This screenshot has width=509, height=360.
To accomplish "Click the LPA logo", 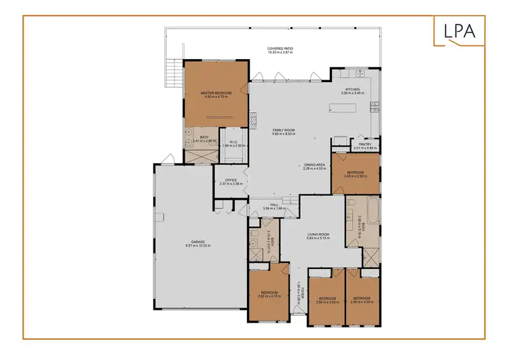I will click(460, 31).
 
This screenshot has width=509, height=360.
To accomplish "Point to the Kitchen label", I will click(353, 90).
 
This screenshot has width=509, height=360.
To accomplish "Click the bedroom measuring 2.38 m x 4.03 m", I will click(361, 299).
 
